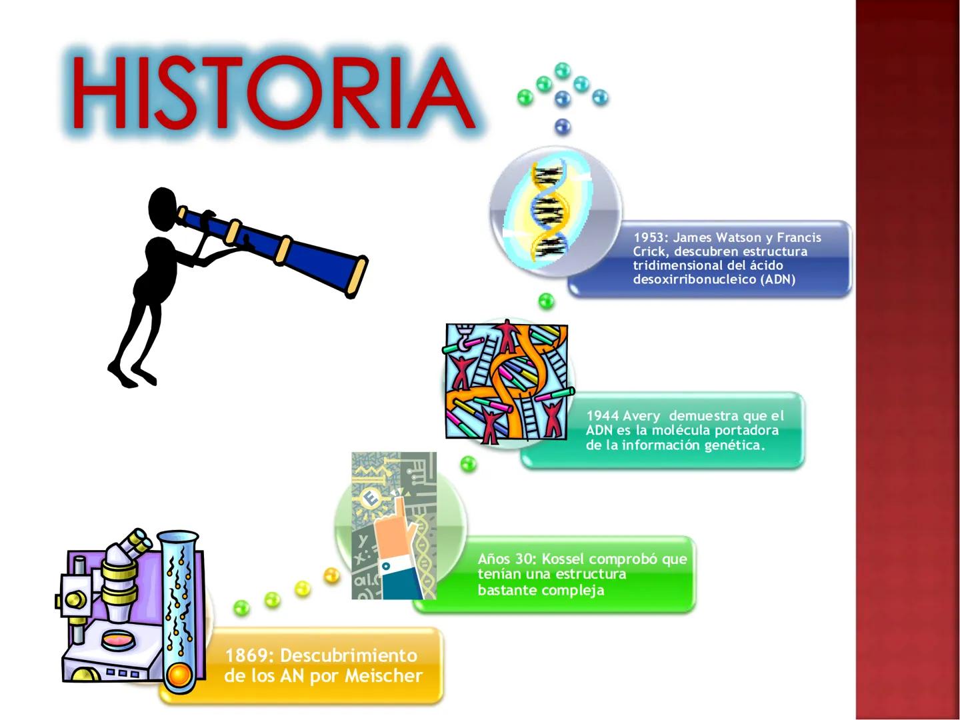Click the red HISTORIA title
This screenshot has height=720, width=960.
pos(274,93)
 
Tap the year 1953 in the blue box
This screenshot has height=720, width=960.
pos(649,237)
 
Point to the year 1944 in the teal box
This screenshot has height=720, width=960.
pos(602,415)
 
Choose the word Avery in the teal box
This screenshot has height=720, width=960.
pos(642,416)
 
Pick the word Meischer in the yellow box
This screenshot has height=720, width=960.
pos(383,676)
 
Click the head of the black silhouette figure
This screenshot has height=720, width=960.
pos(163,209)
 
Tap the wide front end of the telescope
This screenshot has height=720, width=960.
pos(357,277)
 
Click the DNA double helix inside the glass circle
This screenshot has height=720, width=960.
pos(549,209)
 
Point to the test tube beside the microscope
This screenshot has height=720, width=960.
pos(179,611)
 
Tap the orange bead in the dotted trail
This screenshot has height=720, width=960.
pos(331,575)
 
